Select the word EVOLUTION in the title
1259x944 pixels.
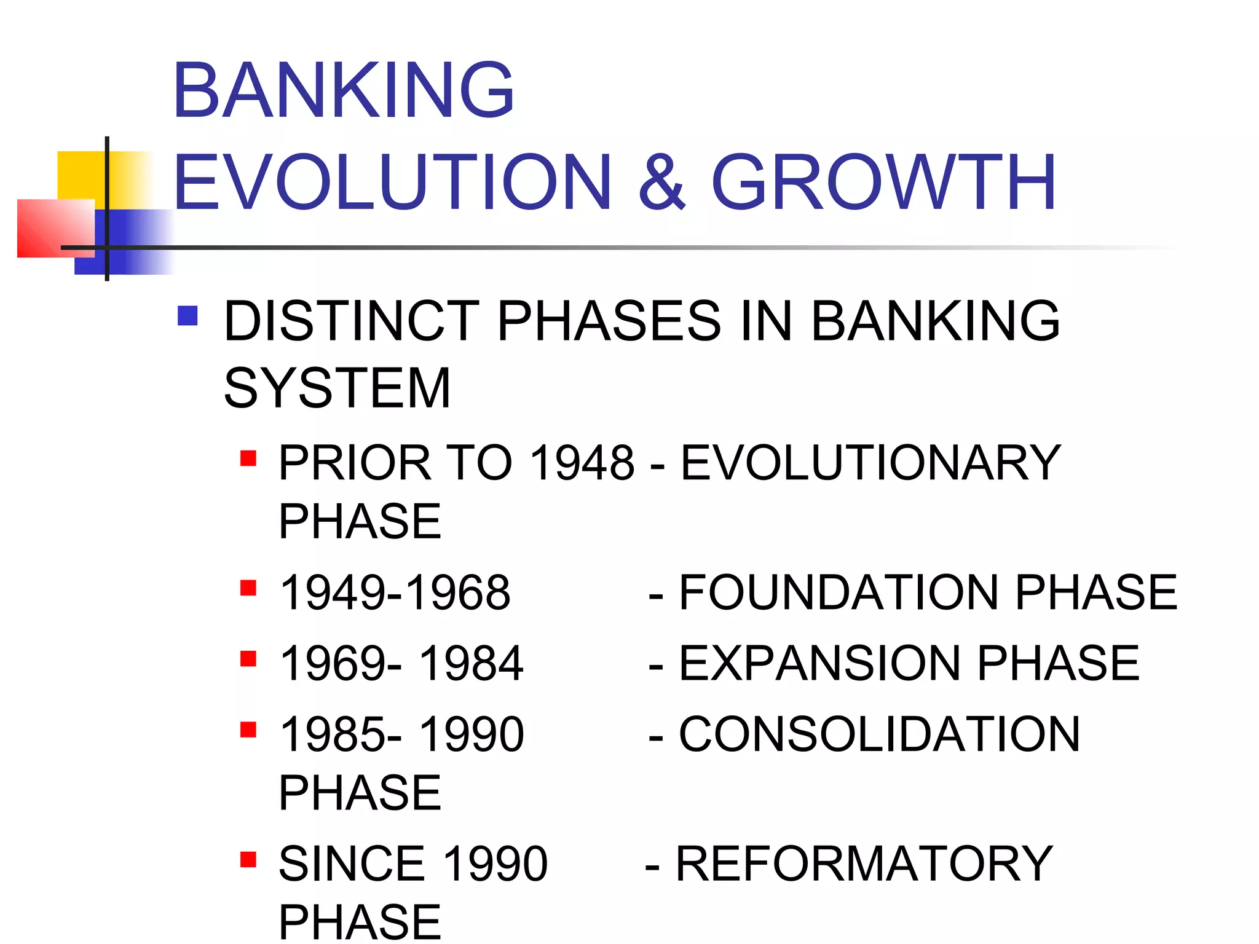392,183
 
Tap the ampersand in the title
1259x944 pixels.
661,183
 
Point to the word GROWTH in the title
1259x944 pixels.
883,183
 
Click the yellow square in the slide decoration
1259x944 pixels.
81,175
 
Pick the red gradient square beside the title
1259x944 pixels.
55,228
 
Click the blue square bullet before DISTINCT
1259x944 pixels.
187,316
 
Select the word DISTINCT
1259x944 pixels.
351,321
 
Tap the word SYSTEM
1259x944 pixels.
337,388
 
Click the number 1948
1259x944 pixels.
582,463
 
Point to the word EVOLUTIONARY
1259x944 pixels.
870,463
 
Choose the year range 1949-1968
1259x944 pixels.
395,592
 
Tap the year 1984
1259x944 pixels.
471,664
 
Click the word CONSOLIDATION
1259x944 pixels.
879,734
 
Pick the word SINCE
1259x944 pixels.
352,863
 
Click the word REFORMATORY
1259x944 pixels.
864,863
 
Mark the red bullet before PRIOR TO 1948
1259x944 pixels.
248,458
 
